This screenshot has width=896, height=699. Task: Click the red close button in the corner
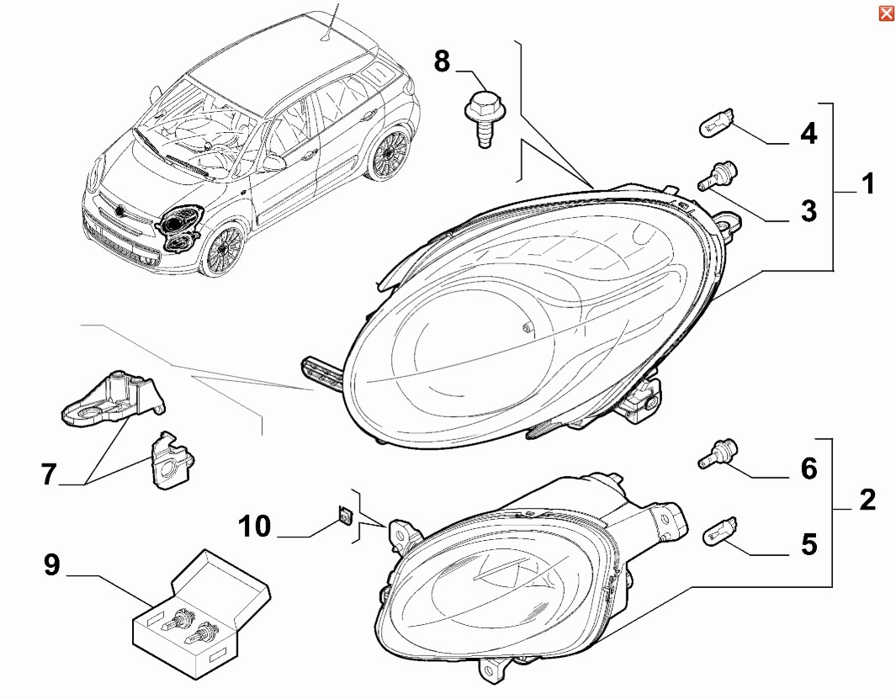point(886,13)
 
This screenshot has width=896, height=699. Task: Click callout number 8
point(443,61)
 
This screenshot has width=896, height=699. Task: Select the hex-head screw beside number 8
point(480,118)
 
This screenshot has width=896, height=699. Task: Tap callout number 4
point(808,133)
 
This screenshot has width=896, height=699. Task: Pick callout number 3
point(808,210)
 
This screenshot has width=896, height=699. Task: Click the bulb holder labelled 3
point(716,173)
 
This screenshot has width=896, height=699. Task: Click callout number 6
point(808,468)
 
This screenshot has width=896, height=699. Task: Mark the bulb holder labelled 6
point(716,453)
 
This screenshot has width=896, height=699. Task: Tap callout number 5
point(808,544)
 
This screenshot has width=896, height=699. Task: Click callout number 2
point(867,500)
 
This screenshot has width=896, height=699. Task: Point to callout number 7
point(49,474)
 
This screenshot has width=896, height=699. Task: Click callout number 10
point(254,527)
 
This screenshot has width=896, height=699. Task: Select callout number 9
point(52,565)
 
